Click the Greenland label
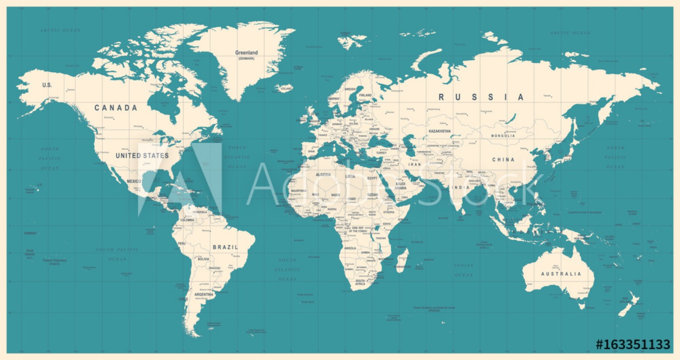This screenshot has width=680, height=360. [x=246, y=53]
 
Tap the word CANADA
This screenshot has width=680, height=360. [x=116, y=108]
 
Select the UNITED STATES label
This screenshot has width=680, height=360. [x=142, y=156]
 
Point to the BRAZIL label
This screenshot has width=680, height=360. [x=225, y=247]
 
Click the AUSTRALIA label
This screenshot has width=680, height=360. [x=561, y=274]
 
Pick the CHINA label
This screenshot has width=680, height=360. [x=503, y=160]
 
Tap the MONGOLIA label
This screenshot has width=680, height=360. [x=503, y=135]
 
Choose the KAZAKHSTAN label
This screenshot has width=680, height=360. [x=439, y=131]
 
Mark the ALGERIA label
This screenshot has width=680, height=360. [x=323, y=174]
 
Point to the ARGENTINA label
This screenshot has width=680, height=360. [x=204, y=294]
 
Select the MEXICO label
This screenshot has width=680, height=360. [x=134, y=181]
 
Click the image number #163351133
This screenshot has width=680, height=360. [x=633, y=345]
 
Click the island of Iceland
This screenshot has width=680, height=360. [x=284, y=87]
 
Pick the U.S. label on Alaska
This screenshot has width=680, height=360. [x=47, y=85]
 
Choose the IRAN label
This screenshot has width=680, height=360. [x=414, y=165]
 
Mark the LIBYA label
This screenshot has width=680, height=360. [x=350, y=176]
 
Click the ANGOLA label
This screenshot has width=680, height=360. [x=350, y=248]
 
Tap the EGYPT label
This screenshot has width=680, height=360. [x=372, y=178]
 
